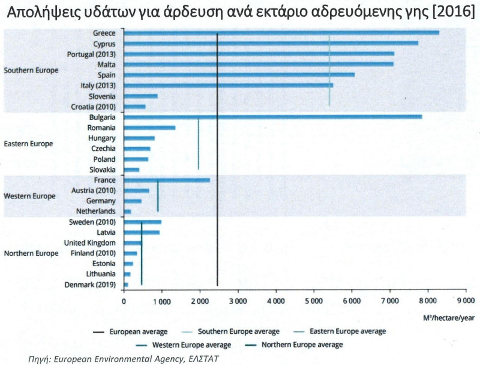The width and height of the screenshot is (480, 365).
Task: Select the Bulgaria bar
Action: click(272, 117)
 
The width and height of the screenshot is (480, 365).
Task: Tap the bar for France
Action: click(167, 180)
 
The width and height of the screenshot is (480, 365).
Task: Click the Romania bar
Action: click(149, 128)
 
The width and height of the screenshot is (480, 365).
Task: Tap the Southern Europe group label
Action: click(31, 70)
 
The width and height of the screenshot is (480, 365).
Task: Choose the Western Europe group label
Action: click(30, 196)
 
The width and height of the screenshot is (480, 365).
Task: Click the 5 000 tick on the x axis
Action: click(314, 303)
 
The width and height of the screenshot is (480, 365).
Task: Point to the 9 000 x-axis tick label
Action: click(466, 303)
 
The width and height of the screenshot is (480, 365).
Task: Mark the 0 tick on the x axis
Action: click(124, 303)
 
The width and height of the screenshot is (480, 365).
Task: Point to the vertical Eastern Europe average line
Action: click(199, 144)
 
